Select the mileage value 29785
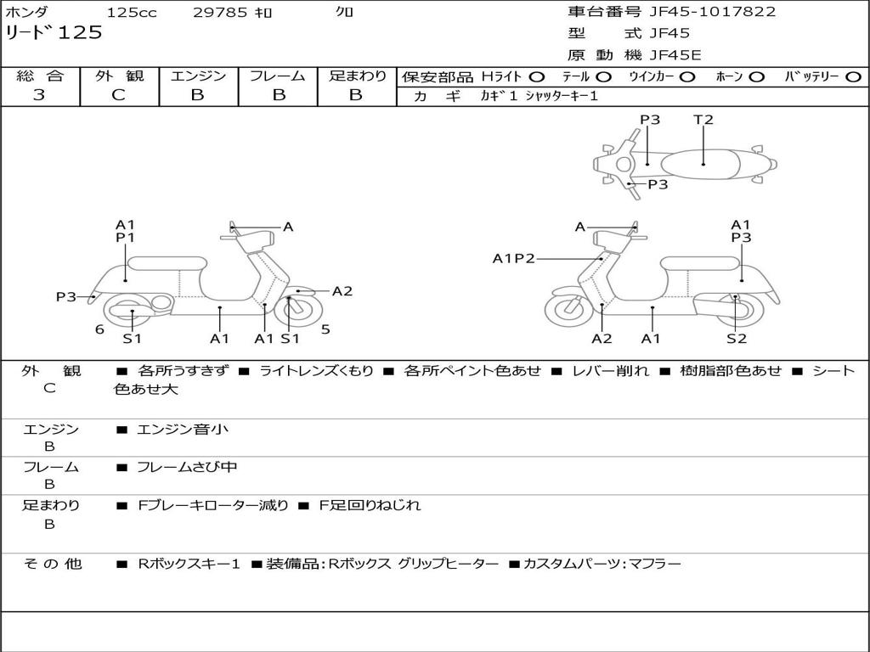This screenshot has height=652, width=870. [220, 13]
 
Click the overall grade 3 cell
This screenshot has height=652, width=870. [39, 95]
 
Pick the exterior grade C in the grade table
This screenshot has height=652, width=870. [118, 95]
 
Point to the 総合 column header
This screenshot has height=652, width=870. [39, 76]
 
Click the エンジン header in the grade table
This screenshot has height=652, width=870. [198, 76]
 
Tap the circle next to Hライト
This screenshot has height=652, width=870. [537, 77]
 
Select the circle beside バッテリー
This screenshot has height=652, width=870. [853, 77]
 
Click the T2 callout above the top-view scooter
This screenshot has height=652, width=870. [703, 120]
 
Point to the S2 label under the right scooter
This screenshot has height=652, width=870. [736, 339]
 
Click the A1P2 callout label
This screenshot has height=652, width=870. [514, 259]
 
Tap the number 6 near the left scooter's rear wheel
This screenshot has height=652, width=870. [99, 329]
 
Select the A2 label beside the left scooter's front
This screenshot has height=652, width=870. [342, 291]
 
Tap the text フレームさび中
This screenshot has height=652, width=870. [187, 467]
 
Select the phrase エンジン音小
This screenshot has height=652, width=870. [183, 430]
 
